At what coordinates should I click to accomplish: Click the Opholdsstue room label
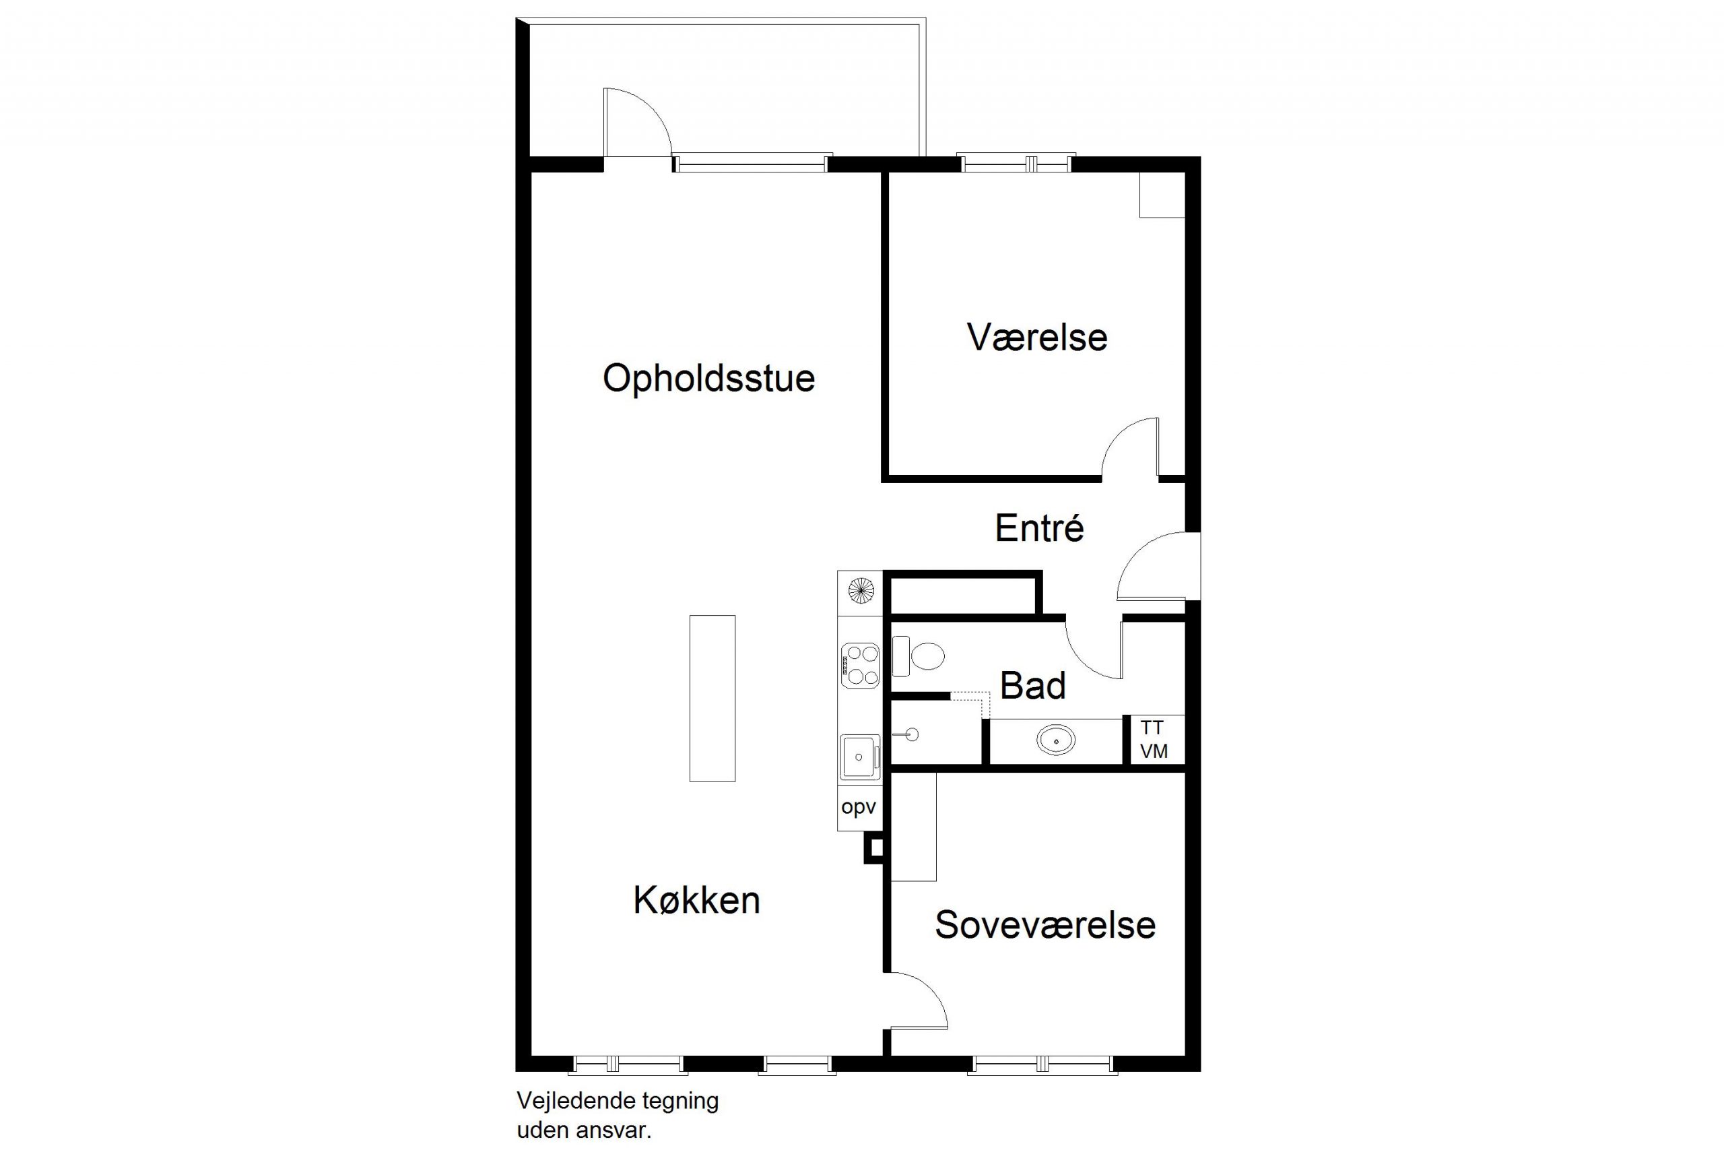709,379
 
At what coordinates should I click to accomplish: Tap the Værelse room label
1036,338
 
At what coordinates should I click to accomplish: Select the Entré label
1038,528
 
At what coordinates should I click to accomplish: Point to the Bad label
1032,686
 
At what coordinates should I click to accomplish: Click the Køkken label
696,900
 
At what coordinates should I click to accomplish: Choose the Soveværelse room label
1045,925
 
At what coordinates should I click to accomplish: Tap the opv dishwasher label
859,808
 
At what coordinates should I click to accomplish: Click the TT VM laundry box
1154,739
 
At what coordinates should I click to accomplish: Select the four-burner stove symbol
860,665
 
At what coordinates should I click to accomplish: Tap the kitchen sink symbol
859,757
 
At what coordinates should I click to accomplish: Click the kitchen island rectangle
712,698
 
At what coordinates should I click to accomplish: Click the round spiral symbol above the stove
861,590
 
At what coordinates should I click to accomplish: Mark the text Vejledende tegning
617,1101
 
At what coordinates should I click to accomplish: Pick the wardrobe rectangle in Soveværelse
913,826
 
